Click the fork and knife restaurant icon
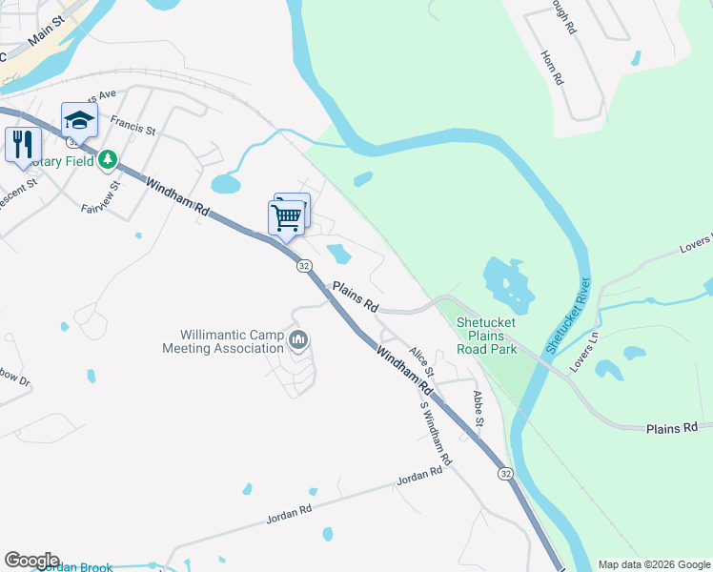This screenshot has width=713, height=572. (x=22, y=145)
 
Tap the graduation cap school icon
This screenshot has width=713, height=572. (x=79, y=120)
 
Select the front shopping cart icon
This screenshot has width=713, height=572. (x=286, y=218)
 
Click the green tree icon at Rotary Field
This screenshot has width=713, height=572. (x=109, y=159)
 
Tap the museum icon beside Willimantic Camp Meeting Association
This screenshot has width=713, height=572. (x=298, y=340)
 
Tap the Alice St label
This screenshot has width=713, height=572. (x=421, y=361)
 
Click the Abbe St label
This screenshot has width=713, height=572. (x=479, y=409)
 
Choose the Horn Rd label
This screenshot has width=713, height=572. (x=553, y=69)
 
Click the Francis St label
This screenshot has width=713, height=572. (x=132, y=125)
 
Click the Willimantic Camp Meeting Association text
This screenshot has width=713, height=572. (x=232, y=341)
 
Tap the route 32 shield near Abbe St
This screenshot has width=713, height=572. (x=504, y=473)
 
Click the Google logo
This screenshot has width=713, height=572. (x=31, y=561)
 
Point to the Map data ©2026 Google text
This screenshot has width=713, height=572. (x=653, y=564)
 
